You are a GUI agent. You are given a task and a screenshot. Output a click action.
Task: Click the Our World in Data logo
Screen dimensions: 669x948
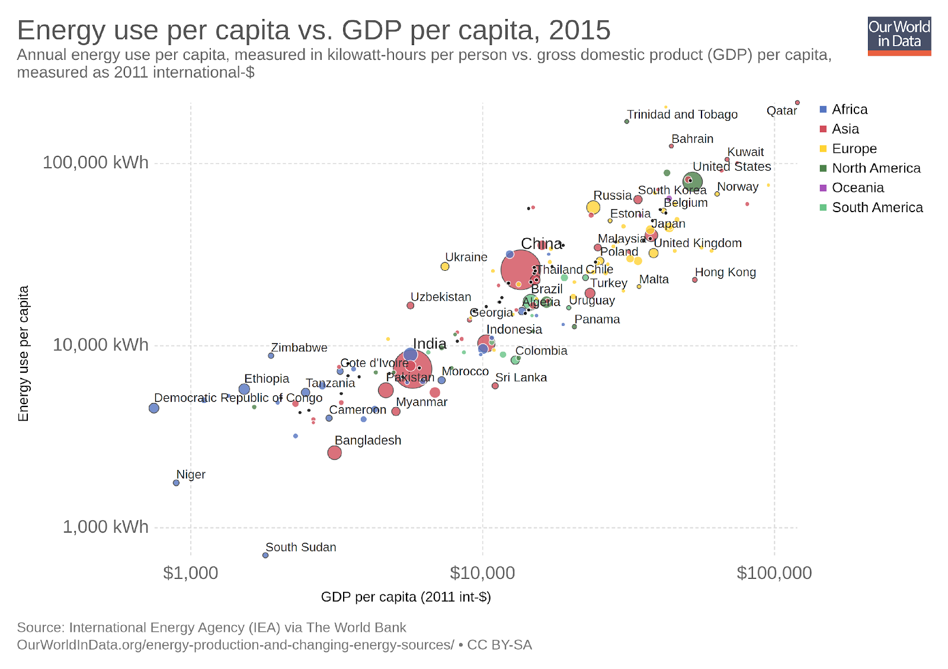(x=899, y=36)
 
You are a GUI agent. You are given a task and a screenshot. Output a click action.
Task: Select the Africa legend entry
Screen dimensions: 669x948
(x=849, y=110)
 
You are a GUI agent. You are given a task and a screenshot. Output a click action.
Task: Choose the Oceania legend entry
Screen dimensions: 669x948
(x=857, y=188)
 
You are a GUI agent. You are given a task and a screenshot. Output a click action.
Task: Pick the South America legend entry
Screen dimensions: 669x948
(x=877, y=207)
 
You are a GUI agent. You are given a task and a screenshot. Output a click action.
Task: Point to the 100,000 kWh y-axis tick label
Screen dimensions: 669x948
(x=95, y=162)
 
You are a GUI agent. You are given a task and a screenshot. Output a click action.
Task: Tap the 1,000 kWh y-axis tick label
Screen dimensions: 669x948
(x=105, y=527)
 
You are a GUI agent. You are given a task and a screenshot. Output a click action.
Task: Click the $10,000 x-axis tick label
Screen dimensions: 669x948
(x=482, y=573)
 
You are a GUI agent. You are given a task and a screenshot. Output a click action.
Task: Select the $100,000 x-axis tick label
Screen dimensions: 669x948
(x=774, y=573)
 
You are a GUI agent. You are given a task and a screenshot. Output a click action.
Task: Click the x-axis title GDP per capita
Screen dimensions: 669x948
(x=406, y=597)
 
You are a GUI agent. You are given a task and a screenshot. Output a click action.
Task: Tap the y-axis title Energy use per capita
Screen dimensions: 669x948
(x=24, y=354)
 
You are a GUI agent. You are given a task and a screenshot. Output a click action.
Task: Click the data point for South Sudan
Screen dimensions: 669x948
(x=265, y=555)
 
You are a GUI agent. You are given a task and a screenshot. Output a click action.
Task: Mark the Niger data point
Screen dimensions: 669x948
(x=176, y=483)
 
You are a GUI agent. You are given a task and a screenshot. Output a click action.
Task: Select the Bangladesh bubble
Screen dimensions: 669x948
(x=334, y=453)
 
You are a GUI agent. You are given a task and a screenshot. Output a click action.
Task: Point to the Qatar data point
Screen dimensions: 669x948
(x=798, y=103)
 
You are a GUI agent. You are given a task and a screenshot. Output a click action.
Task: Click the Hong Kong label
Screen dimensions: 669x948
(x=725, y=273)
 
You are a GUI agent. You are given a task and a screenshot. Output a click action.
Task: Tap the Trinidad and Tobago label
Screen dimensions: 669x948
(x=682, y=114)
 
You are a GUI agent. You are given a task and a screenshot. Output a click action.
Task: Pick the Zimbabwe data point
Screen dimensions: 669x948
(x=271, y=356)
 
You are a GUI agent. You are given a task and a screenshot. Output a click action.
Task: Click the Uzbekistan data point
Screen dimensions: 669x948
(x=410, y=306)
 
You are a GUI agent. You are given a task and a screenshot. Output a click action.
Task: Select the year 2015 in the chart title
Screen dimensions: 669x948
(x=579, y=30)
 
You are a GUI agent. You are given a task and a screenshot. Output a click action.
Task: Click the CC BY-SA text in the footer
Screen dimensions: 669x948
(x=499, y=645)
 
